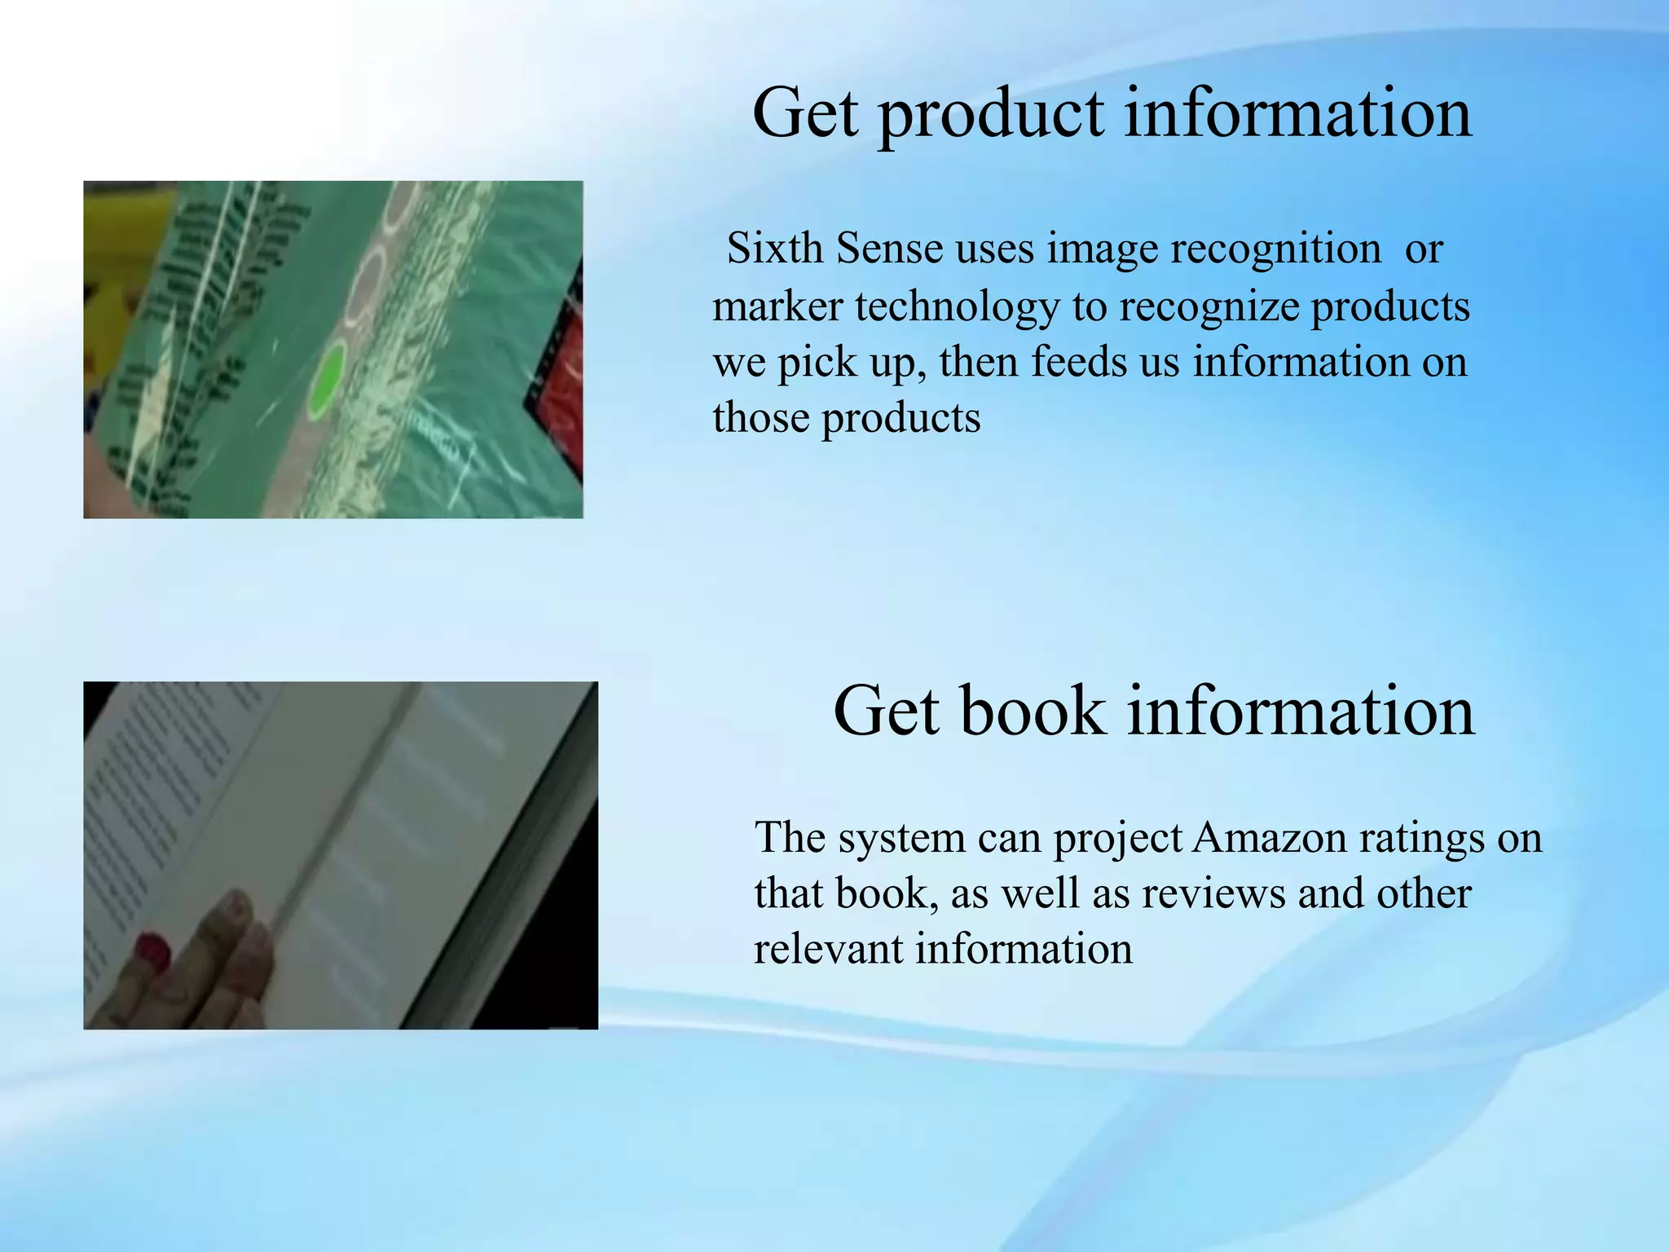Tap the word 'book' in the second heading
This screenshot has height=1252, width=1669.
coord(1033,712)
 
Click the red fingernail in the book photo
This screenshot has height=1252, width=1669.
coord(152,951)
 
